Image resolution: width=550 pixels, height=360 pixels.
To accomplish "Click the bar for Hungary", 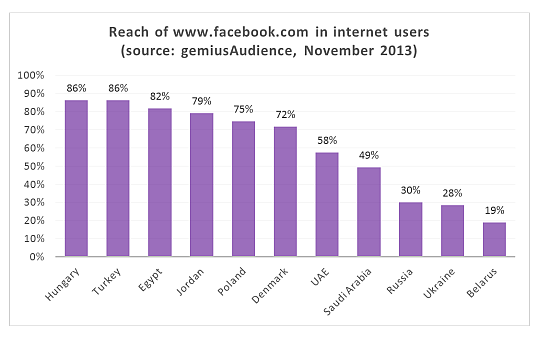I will click(76, 178).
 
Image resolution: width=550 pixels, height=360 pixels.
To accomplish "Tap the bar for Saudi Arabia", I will click(369, 211).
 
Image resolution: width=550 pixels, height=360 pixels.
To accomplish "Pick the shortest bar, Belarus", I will click(494, 239).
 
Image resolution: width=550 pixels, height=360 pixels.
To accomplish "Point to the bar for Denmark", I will click(285, 191).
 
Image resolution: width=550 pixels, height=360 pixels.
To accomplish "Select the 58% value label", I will click(327, 141).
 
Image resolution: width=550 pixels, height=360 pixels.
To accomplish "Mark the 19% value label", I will click(494, 211).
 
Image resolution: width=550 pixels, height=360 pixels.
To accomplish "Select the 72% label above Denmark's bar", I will click(285, 115).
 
